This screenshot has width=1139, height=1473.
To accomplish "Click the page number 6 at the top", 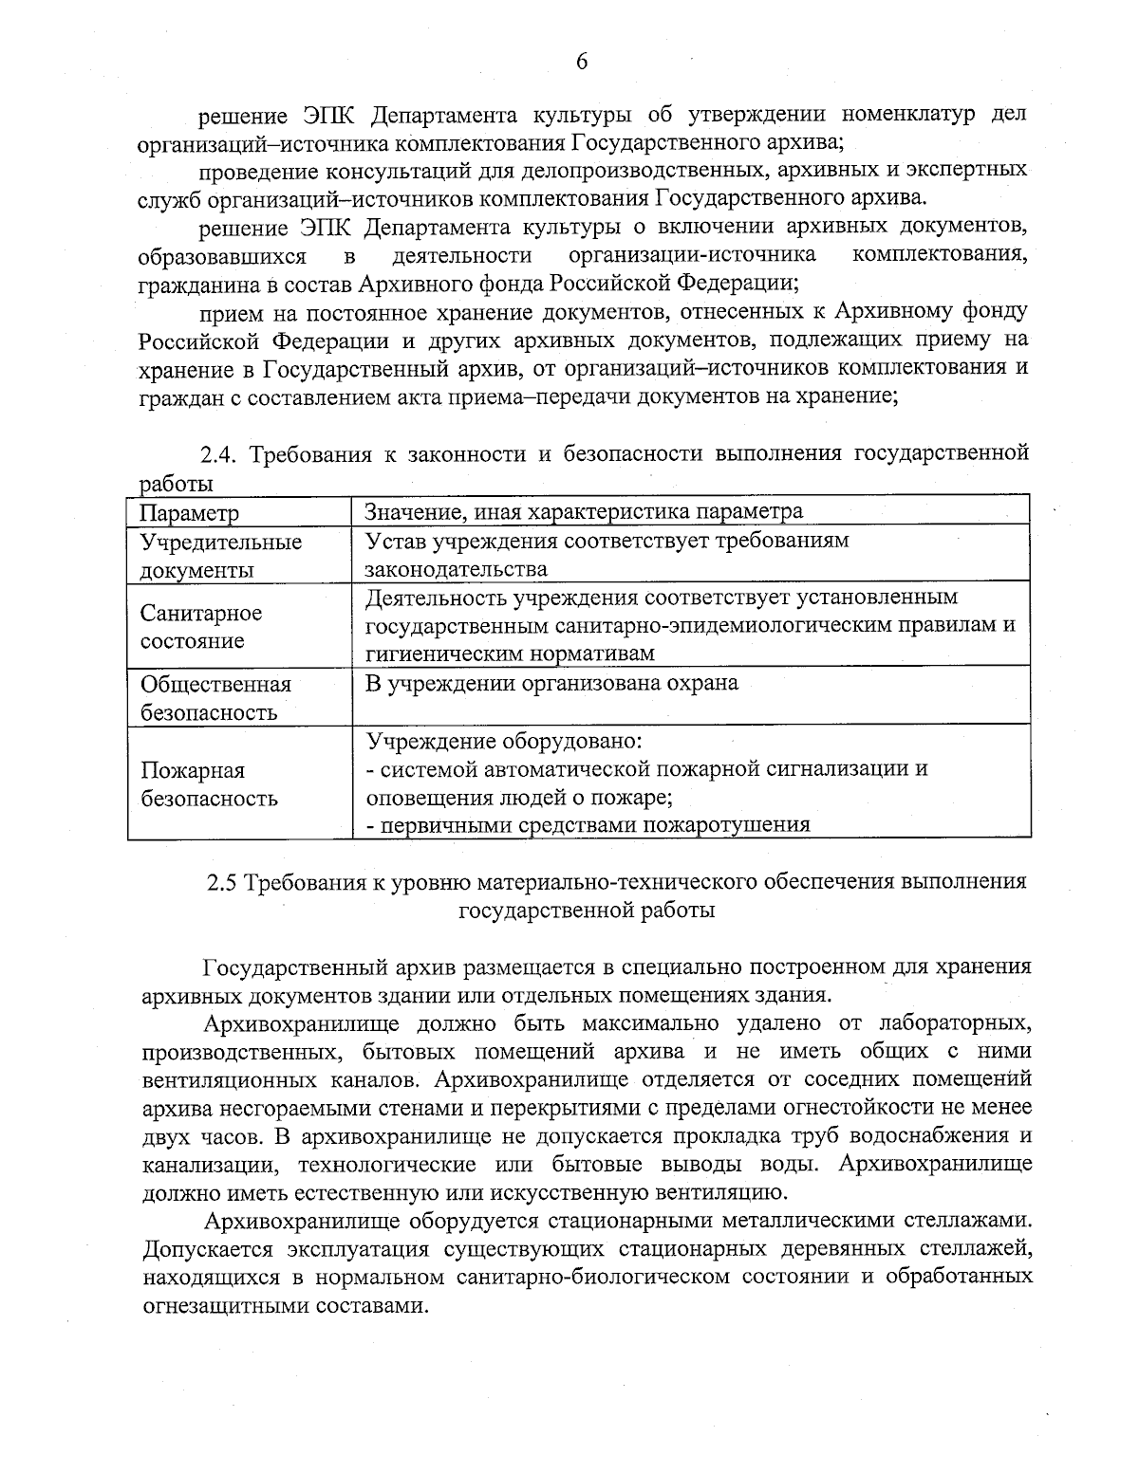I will pos(582,62).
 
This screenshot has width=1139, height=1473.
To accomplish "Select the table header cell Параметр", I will pos(190,513).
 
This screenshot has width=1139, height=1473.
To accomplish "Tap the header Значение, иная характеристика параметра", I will pos(585,511).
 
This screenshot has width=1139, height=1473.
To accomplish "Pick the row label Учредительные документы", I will pos(221,556).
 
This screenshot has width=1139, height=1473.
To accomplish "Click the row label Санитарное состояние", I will pos(201,627).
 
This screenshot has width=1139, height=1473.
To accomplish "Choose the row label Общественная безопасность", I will pos(215,698).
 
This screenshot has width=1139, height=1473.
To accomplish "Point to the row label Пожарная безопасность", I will pos(209,783).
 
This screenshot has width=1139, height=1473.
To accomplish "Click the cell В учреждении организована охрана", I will pos(552,683).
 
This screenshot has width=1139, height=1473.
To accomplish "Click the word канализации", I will pos(209,1165).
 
